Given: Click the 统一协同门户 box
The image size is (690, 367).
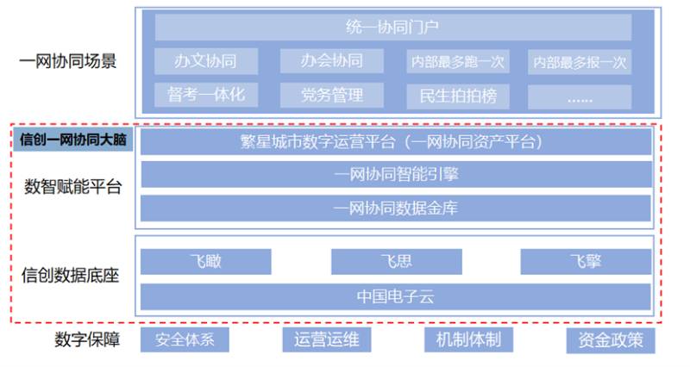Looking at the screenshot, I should click(x=392, y=28).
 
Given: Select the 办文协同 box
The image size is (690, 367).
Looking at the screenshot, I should click(x=204, y=61).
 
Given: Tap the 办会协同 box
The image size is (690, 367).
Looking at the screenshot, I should click(x=331, y=61).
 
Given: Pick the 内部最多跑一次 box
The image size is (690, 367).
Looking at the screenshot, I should click(x=457, y=62).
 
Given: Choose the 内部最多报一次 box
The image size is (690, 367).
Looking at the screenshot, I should click(x=580, y=62).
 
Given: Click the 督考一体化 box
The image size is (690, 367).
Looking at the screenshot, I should click(x=204, y=95).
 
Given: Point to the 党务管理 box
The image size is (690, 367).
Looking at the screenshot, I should click(x=331, y=95).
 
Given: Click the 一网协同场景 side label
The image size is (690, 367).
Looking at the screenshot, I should click(x=67, y=62).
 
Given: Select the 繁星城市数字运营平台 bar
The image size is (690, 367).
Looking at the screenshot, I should click(x=395, y=141).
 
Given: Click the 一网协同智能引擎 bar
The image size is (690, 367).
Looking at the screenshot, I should click(x=395, y=175).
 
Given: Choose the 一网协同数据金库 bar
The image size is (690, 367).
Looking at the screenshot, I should click(x=395, y=208).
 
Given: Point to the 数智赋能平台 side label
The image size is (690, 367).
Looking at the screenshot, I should click(x=72, y=186).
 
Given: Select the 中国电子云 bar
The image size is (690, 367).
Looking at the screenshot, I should click(x=395, y=296).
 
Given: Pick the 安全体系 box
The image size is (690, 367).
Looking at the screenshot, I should click(x=185, y=339).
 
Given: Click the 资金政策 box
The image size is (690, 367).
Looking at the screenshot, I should click(x=611, y=340).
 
